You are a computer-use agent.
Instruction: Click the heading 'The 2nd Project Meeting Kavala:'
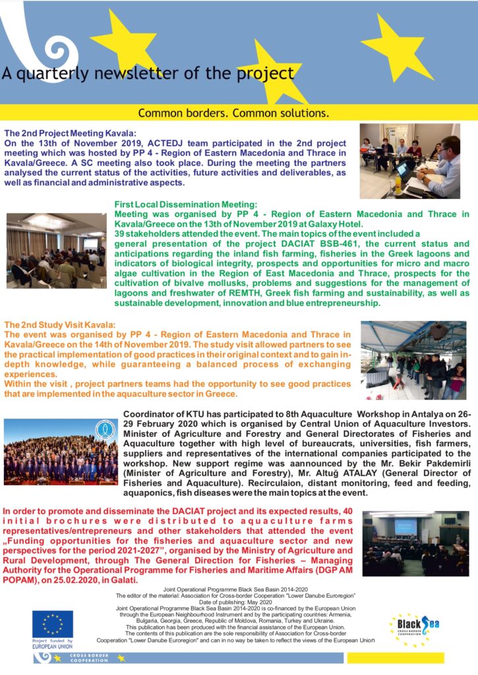click(x=70, y=132)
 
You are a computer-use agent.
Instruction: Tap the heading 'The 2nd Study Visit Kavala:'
click(x=60, y=325)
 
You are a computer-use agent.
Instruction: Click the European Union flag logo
click(x=53, y=624)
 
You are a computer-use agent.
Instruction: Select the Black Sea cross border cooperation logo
click(x=415, y=630)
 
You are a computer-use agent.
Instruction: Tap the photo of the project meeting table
click(x=409, y=160)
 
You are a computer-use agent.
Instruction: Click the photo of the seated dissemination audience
click(x=55, y=250)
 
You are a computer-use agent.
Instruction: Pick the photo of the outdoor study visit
click(x=413, y=360)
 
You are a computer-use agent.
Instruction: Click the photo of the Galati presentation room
click(x=415, y=543)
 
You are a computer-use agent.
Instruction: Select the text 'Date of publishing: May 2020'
click(x=239, y=601)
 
